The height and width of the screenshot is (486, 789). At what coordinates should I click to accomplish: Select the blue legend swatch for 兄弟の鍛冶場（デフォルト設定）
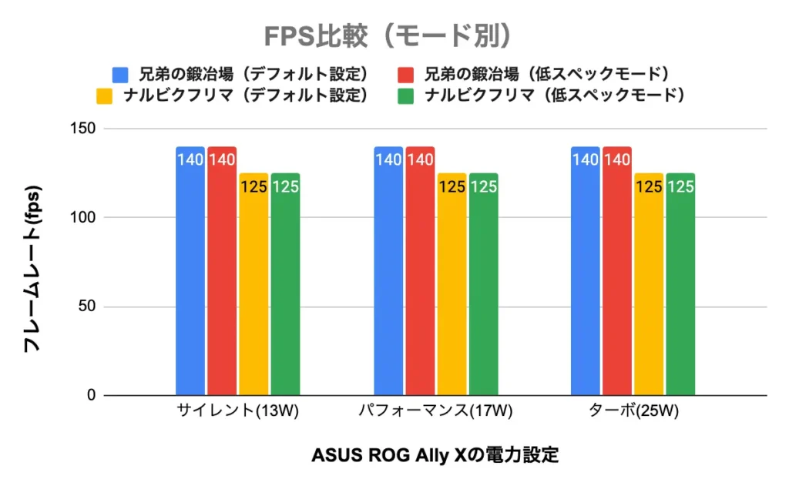(120, 75)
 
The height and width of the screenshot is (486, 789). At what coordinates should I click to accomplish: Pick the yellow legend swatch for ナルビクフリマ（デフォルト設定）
(105, 96)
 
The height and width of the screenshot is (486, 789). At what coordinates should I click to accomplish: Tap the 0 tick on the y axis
(90, 396)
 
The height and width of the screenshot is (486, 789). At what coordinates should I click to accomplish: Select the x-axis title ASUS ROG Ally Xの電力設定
(435, 454)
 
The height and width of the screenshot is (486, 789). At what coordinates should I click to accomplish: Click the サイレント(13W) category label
(237, 413)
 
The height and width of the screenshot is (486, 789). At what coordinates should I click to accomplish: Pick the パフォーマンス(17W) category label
(435, 413)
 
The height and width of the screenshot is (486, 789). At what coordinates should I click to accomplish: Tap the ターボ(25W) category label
(633, 413)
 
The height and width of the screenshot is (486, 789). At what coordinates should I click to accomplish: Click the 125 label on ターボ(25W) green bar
(680, 186)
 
